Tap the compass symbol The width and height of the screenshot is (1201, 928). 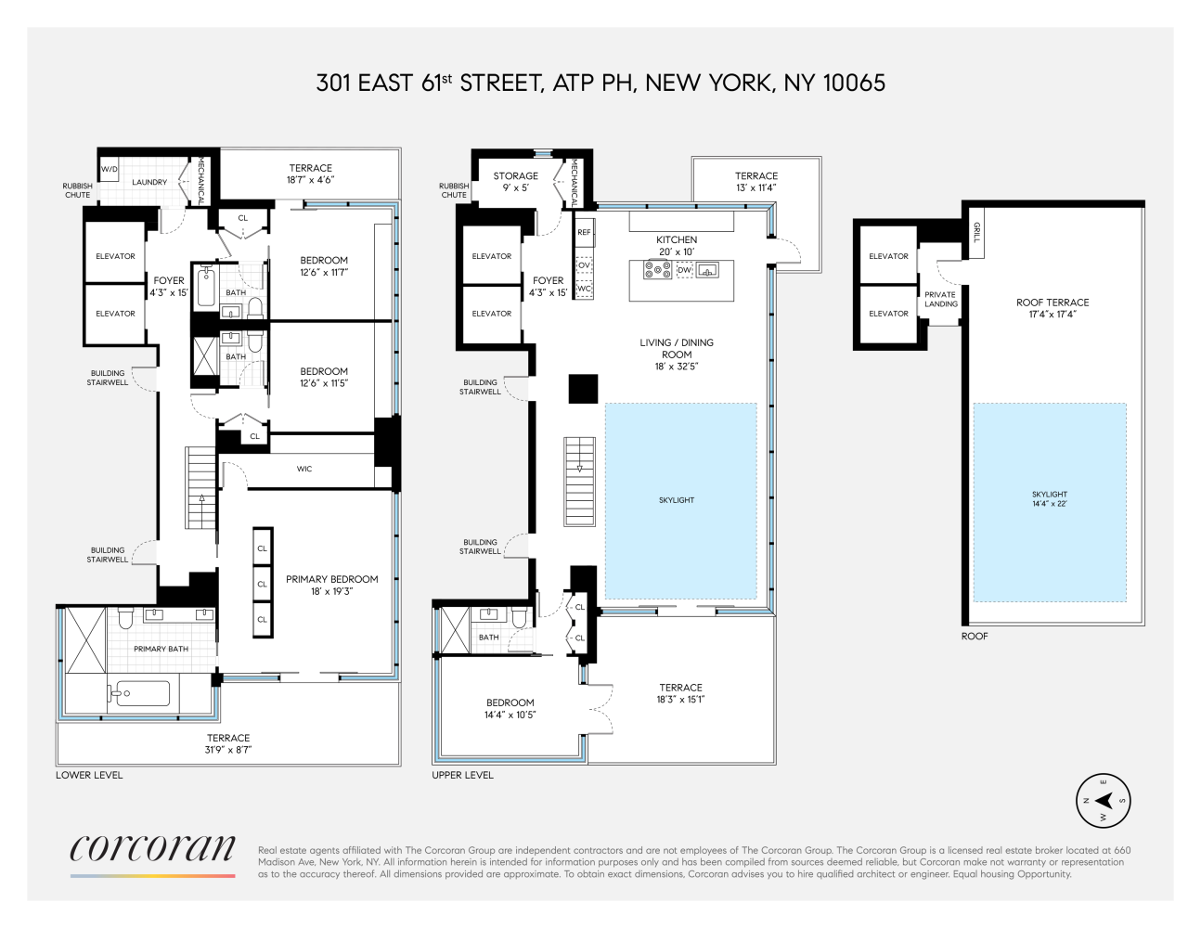point(1104,801)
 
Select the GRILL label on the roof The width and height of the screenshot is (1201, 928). point(975,232)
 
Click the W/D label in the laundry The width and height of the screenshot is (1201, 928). point(110,170)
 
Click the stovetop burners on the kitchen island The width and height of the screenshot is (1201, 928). point(658,270)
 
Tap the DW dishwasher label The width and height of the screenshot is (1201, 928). point(685,270)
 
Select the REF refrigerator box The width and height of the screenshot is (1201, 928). point(584,232)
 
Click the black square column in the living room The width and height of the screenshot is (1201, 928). point(583,388)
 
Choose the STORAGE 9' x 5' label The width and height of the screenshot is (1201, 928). point(515,181)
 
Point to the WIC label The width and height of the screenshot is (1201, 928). point(304,470)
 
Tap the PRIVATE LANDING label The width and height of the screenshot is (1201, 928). point(940,299)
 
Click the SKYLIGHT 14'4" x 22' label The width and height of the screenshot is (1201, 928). point(1050,499)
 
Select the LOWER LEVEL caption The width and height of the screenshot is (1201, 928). point(89,775)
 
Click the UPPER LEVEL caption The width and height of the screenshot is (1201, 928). point(462,775)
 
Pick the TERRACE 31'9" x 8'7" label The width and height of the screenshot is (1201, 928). point(228,743)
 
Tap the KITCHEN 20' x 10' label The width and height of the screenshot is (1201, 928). point(677,246)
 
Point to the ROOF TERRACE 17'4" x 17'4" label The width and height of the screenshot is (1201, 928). point(1052,308)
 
